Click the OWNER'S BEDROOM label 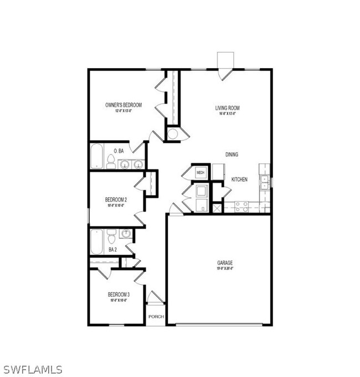click(x=124, y=105)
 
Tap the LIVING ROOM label click(x=227, y=108)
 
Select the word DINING click(x=232, y=154)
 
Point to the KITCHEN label click(x=239, y=180)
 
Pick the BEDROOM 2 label click(x=116, y=199)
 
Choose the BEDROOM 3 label click(x=118, y=295)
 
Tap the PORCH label click(x=155, y=317)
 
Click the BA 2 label click(x=112, y=250)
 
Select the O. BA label click(x=118, y=151)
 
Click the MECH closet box click(x=200, y=173)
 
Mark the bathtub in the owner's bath click(x=97, y=157)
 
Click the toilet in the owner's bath click(x=111, y=162)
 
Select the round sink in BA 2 click(x=126, y=234)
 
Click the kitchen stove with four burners click(x=241, y=206)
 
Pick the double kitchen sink click(x=265, y=183)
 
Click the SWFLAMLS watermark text click(x=32, y=369)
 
